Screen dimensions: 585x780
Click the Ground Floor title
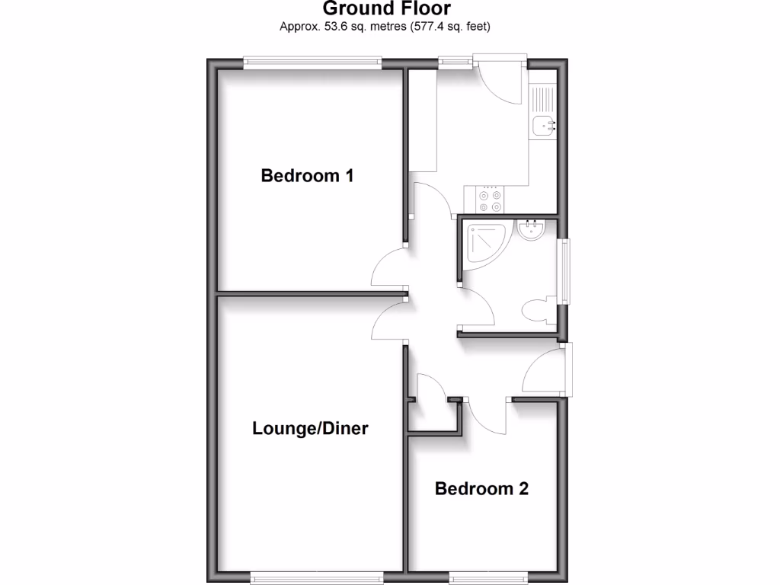(x=386, y=9)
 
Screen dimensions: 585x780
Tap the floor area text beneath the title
(x=385, y=27)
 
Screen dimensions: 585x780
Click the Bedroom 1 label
(x=307, y=176)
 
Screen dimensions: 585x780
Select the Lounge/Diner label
(x=310, y=429)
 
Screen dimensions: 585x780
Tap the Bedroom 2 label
(x=481, y=488)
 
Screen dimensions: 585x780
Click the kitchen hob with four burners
(x=490, y=200)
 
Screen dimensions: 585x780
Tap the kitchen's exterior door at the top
(x=500, y=80)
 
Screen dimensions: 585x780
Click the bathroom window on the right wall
(x=564, y=271)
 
